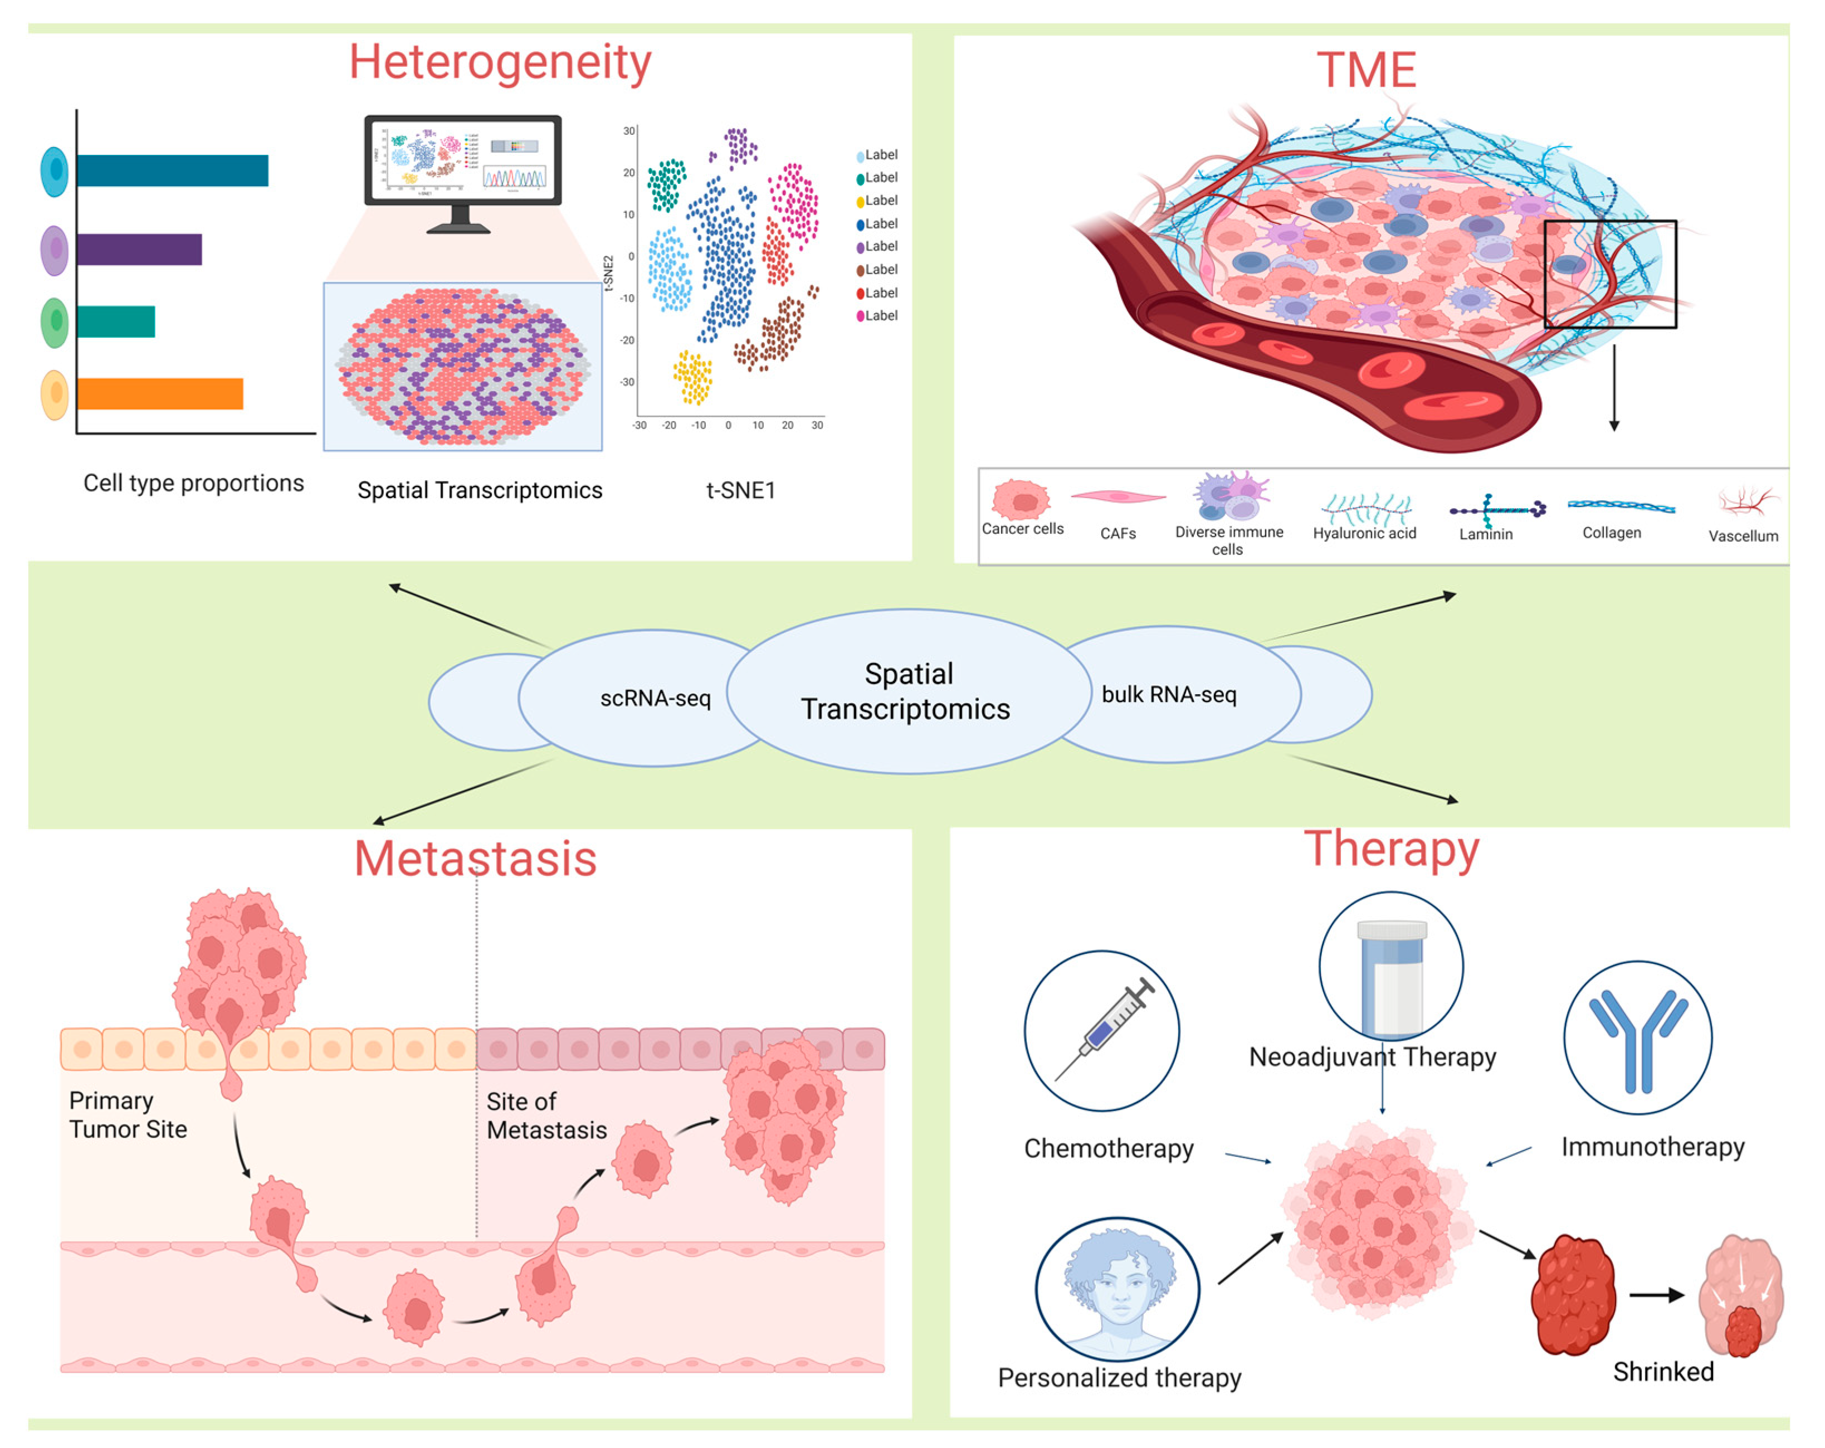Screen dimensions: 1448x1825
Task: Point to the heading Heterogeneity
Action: [500, 64]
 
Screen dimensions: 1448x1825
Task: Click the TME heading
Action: [1366, 70]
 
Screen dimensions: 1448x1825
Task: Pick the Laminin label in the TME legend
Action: [1486, 534]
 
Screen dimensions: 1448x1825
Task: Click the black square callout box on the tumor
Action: [1609, 274]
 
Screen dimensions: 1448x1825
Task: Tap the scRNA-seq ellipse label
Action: [655, 699]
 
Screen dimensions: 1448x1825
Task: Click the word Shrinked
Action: [1662, 1372]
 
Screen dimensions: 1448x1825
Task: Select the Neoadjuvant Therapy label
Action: [1372, 1057]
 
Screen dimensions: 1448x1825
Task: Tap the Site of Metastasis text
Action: [546, 1116]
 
